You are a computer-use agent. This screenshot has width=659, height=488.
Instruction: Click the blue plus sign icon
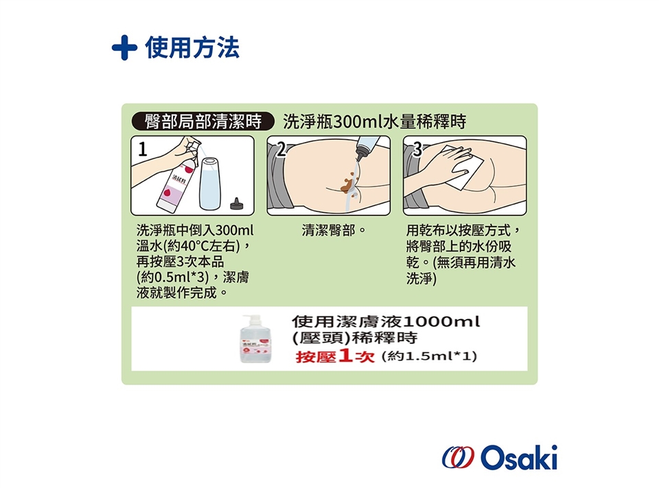[x=124, y=47]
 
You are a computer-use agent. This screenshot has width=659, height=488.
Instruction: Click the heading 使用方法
[x=192, y=47]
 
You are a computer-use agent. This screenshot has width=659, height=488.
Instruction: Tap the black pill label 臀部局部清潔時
[x=203, y=121]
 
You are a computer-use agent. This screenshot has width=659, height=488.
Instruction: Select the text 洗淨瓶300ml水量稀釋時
[x=375, y=121]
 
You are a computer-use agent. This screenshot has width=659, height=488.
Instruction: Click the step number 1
[x=143, y=149]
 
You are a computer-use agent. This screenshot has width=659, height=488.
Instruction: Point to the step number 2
[x=281, y=149]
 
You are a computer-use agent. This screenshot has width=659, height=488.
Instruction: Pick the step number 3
[x=417, y=149]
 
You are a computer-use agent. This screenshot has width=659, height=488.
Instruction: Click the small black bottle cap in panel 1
[x=237, y=204]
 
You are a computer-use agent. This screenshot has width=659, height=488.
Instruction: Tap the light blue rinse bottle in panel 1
[x=210, y=184]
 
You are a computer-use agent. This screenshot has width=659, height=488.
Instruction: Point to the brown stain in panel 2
[x=349, y=183]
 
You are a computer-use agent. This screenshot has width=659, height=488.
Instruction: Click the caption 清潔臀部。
[x=334, y=231]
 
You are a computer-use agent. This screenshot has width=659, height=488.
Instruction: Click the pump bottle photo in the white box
[x=255, y=339]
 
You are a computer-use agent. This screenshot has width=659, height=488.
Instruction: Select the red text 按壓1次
[x=335, y=356]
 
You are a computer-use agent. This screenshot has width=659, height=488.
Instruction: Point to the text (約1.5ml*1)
[x=429, y=356]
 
